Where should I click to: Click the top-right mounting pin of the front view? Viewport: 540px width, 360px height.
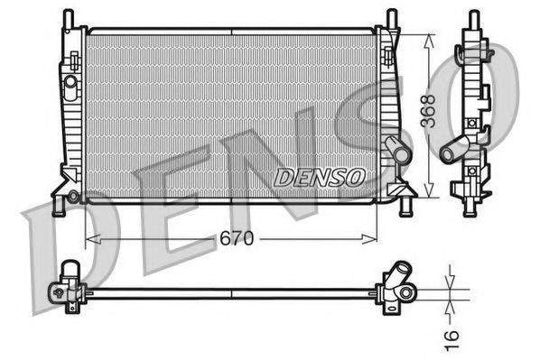click(x=391, y=18)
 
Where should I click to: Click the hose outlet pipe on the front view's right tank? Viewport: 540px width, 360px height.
click(x=396, y=150)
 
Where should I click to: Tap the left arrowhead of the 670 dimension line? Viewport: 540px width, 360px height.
click(x=89, y=239)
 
